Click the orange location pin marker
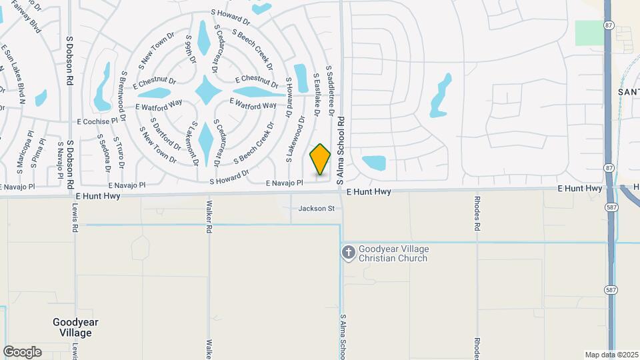coord(321,159)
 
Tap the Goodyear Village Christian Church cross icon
coord(348,252)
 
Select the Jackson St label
coord(316,209)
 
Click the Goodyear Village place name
coord(75,327)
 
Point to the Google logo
coord(23,351)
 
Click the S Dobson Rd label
coord(69,61)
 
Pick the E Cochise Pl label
coord(101,121)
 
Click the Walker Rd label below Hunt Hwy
coord(209,217)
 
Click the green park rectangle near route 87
coord(589,32)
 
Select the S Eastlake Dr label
coord(316,93)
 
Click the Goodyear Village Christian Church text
coord(393,253)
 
